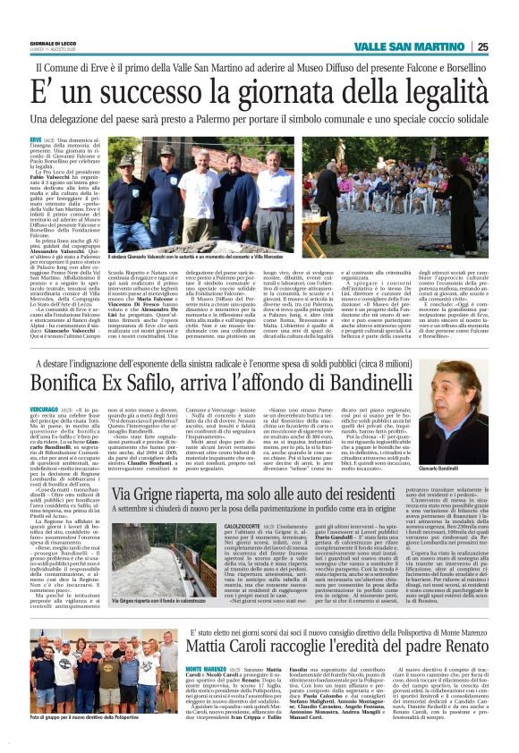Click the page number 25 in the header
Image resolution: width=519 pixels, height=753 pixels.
tap(482, 47)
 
